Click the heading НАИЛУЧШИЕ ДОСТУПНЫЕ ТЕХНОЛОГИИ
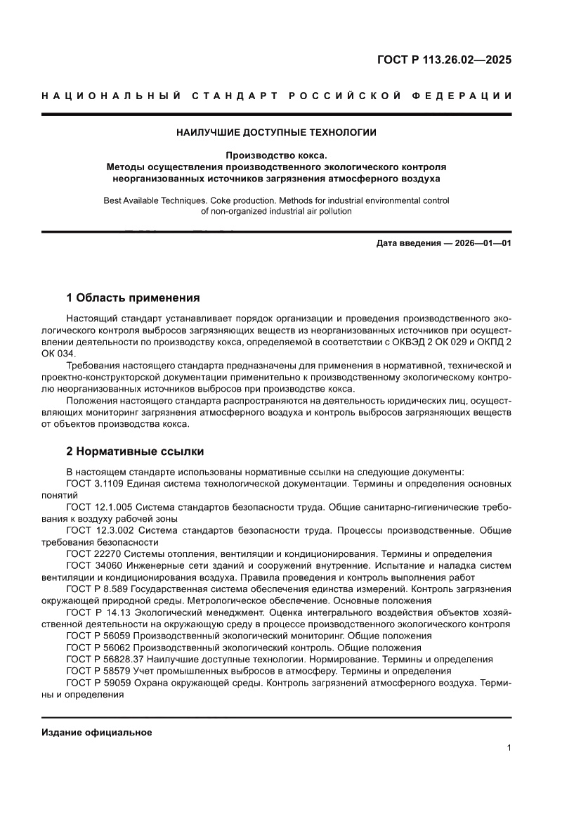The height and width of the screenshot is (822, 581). pos(276,131)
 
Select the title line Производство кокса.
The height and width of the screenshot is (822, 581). pos(276,156)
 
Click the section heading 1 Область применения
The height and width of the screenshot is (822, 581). pos(133,297)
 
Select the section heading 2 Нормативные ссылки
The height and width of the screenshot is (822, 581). pos(135,451)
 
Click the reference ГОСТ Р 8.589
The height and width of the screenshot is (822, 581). pos(99,589)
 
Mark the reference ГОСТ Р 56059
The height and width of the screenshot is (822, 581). pos(98,635)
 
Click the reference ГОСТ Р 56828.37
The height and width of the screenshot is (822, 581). pos(104,659)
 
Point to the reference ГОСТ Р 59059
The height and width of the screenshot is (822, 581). pos(98,682)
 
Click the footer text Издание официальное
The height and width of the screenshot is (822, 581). pos(97,732)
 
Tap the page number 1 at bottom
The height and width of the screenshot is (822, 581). pos(508,748)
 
